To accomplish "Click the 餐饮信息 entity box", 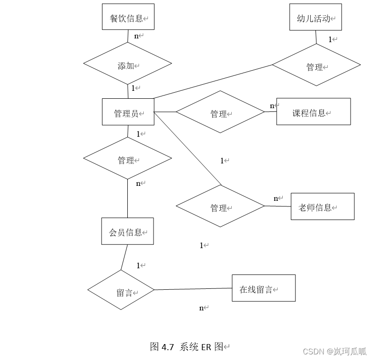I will pyautogui.click(x=128, y=17).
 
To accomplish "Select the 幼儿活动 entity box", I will pyautogui.click(x=315, y=17).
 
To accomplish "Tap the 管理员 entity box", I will pyautogui.click(x=128, y=112).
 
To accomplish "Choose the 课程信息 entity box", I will pyautogui.click(x=313, y=112).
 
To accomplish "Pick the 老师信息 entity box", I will pyautogui.click(x=323, y=206).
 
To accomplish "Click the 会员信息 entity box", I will pyautogui.click(x=127, y=231).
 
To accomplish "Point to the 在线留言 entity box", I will pyautogui.click(x=264, y=288).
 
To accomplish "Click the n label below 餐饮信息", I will pyautogui.click(x=137, y=36).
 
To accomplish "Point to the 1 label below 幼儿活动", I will pyautogui.click(x=330, y=39).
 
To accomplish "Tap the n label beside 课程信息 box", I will pyautogui.click(x=272, y=106).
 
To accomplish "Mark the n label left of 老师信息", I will pyautogui.click(x=276, y=198).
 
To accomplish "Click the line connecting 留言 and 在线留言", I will pyautogui.click(x=193, y=289).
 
